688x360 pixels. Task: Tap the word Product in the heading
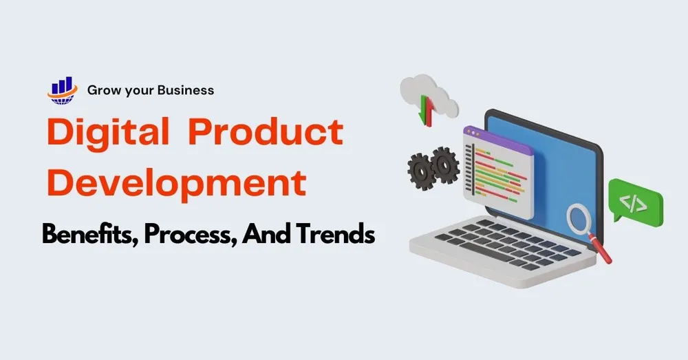[x=266, y=131]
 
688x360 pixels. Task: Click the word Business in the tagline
[x=186, y=90]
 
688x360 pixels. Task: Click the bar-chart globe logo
[x=63, y=90]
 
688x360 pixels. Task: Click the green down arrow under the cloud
[x=423, y=109]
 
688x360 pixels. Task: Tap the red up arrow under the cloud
[x=429, y=113]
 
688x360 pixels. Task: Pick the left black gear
[x=421, y=171]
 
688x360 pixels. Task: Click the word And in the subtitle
[x=267, y=233]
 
